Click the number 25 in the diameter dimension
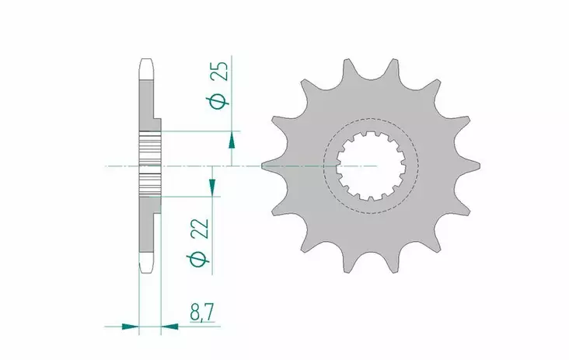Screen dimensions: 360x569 click(x=221, y=72)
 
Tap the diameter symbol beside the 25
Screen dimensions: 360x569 click(x=221, y=100)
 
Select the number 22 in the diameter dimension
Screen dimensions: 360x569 click(x=200, y=229)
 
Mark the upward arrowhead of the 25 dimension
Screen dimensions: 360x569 click(x=232, y=141)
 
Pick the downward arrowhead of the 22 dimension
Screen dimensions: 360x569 click(x=211, y=186)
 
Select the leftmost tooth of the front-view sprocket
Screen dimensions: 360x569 click(x=268, y=166)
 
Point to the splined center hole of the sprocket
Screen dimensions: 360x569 click(x=370, y=166)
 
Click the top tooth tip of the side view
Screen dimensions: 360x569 click(x=145, y=62)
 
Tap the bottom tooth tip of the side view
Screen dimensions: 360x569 click(x=145, y=269)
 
